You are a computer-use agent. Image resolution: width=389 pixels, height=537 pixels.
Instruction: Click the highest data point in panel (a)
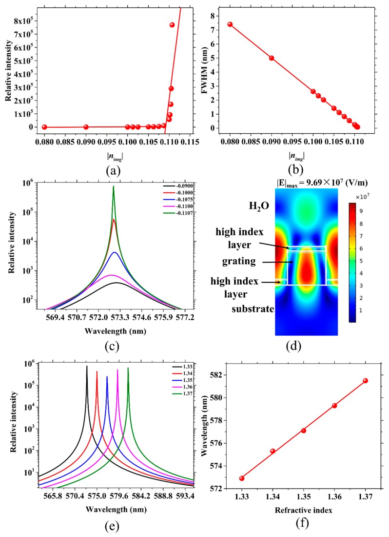coord(172,25)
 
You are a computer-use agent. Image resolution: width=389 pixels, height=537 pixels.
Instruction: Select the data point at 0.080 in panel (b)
coord(230,24)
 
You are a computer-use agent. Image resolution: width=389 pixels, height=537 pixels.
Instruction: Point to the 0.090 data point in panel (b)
coord(272,58)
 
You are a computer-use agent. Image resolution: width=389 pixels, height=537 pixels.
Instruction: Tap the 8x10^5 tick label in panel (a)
coord(23,21)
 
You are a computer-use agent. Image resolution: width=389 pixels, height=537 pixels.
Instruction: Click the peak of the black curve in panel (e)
coord(87,366)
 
